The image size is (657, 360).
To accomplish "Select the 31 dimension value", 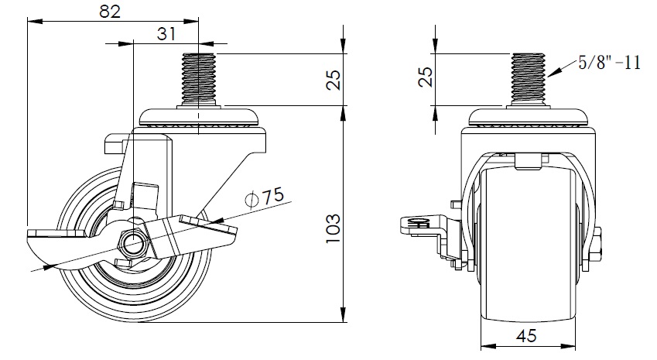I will coord(166,33).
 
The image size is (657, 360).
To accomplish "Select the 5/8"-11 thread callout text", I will coord(609,63).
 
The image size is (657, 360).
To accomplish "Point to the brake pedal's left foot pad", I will coord(56,234).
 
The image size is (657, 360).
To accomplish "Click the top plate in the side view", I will coord(199,117).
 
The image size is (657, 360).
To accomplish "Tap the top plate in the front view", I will coord(529,117).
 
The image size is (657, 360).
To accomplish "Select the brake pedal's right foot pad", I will coord(209,227).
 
